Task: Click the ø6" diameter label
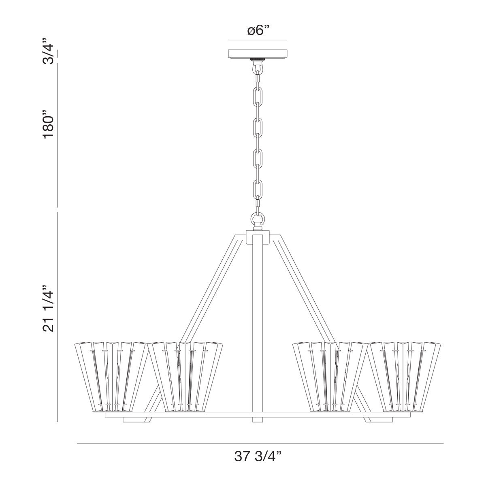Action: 258,30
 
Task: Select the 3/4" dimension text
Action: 48,51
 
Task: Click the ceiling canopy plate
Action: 258,54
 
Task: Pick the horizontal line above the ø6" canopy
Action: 258,40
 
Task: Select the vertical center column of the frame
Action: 258,324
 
